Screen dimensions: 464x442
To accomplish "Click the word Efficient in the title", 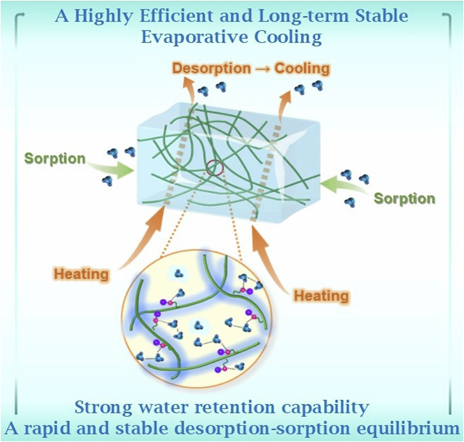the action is pyautogui.click(x=176, y=16).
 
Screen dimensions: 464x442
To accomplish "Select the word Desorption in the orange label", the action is pyautogui.click(x=211, y=68).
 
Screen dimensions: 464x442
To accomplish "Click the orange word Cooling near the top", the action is pyautogui.click(x=302, y=68).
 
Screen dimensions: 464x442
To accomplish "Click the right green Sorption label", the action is pyautogui.click(x=405, y=198).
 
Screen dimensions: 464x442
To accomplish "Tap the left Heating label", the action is pyautogui.click(x=82, y=274).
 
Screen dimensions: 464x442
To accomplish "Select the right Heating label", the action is pyautogui.click(x=321, y=296).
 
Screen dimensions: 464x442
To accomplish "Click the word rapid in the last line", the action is pyautogui.click(x=48, y=429).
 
